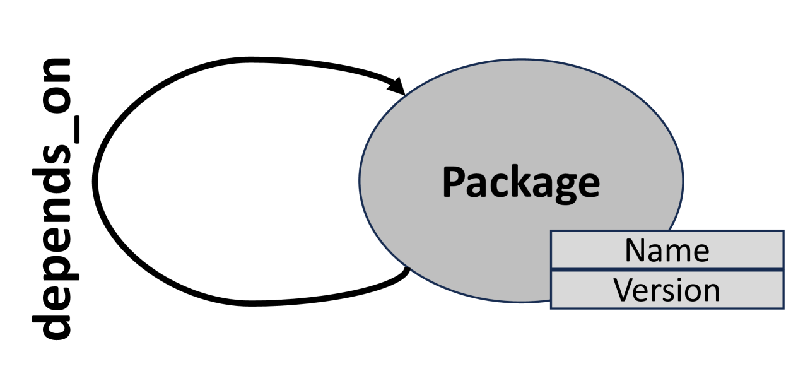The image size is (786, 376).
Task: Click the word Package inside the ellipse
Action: click(x=520, y=183)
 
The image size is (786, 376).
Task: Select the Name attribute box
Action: click(x=667, y=250)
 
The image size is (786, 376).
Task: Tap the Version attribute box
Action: click(x=667, y=290)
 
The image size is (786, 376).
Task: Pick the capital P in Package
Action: click(x=452, y=182)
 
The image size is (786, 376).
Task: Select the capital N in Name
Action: click(x=635, y=250)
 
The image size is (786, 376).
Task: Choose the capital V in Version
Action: click(x=624, y=290)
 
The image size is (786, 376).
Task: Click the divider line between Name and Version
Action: click(x=667, y=270)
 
